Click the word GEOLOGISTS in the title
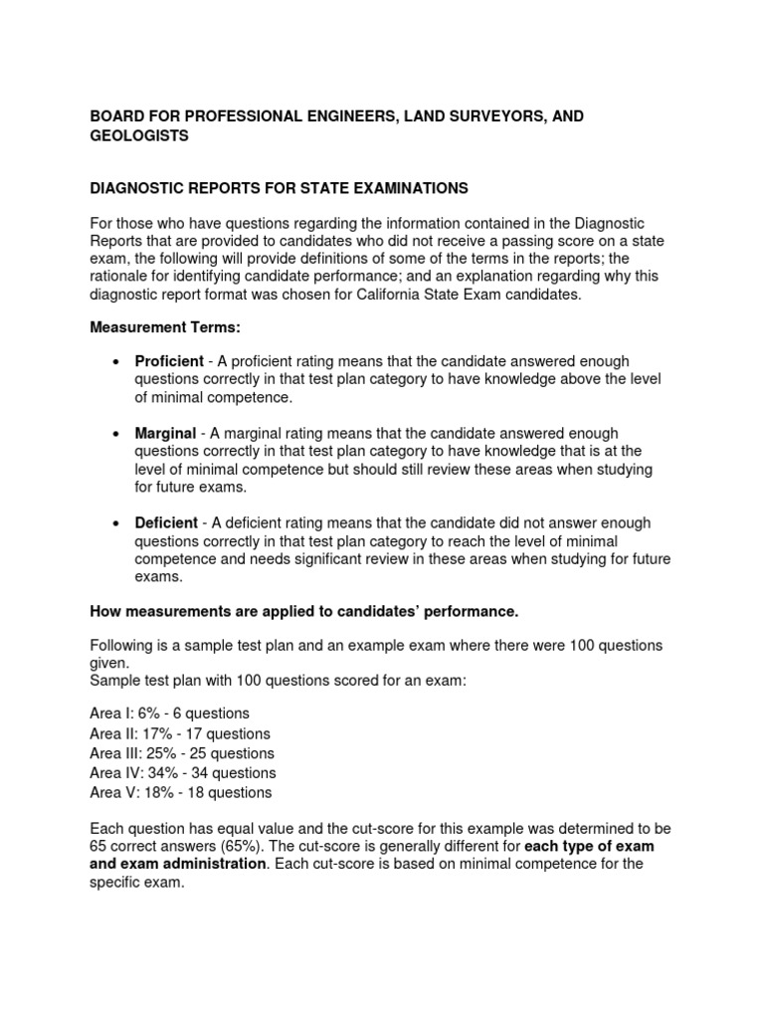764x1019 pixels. (x=139, y=136)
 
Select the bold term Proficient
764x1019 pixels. (x=169, y=361)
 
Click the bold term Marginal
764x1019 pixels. (x=165, y=434)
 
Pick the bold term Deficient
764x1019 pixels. (x=167, y=523)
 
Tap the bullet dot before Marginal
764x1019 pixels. (x=117, y=435)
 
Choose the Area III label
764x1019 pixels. (x=112, y=753)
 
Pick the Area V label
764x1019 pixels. (x=111, y=793)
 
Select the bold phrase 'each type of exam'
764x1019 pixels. (x=589, y=846)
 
